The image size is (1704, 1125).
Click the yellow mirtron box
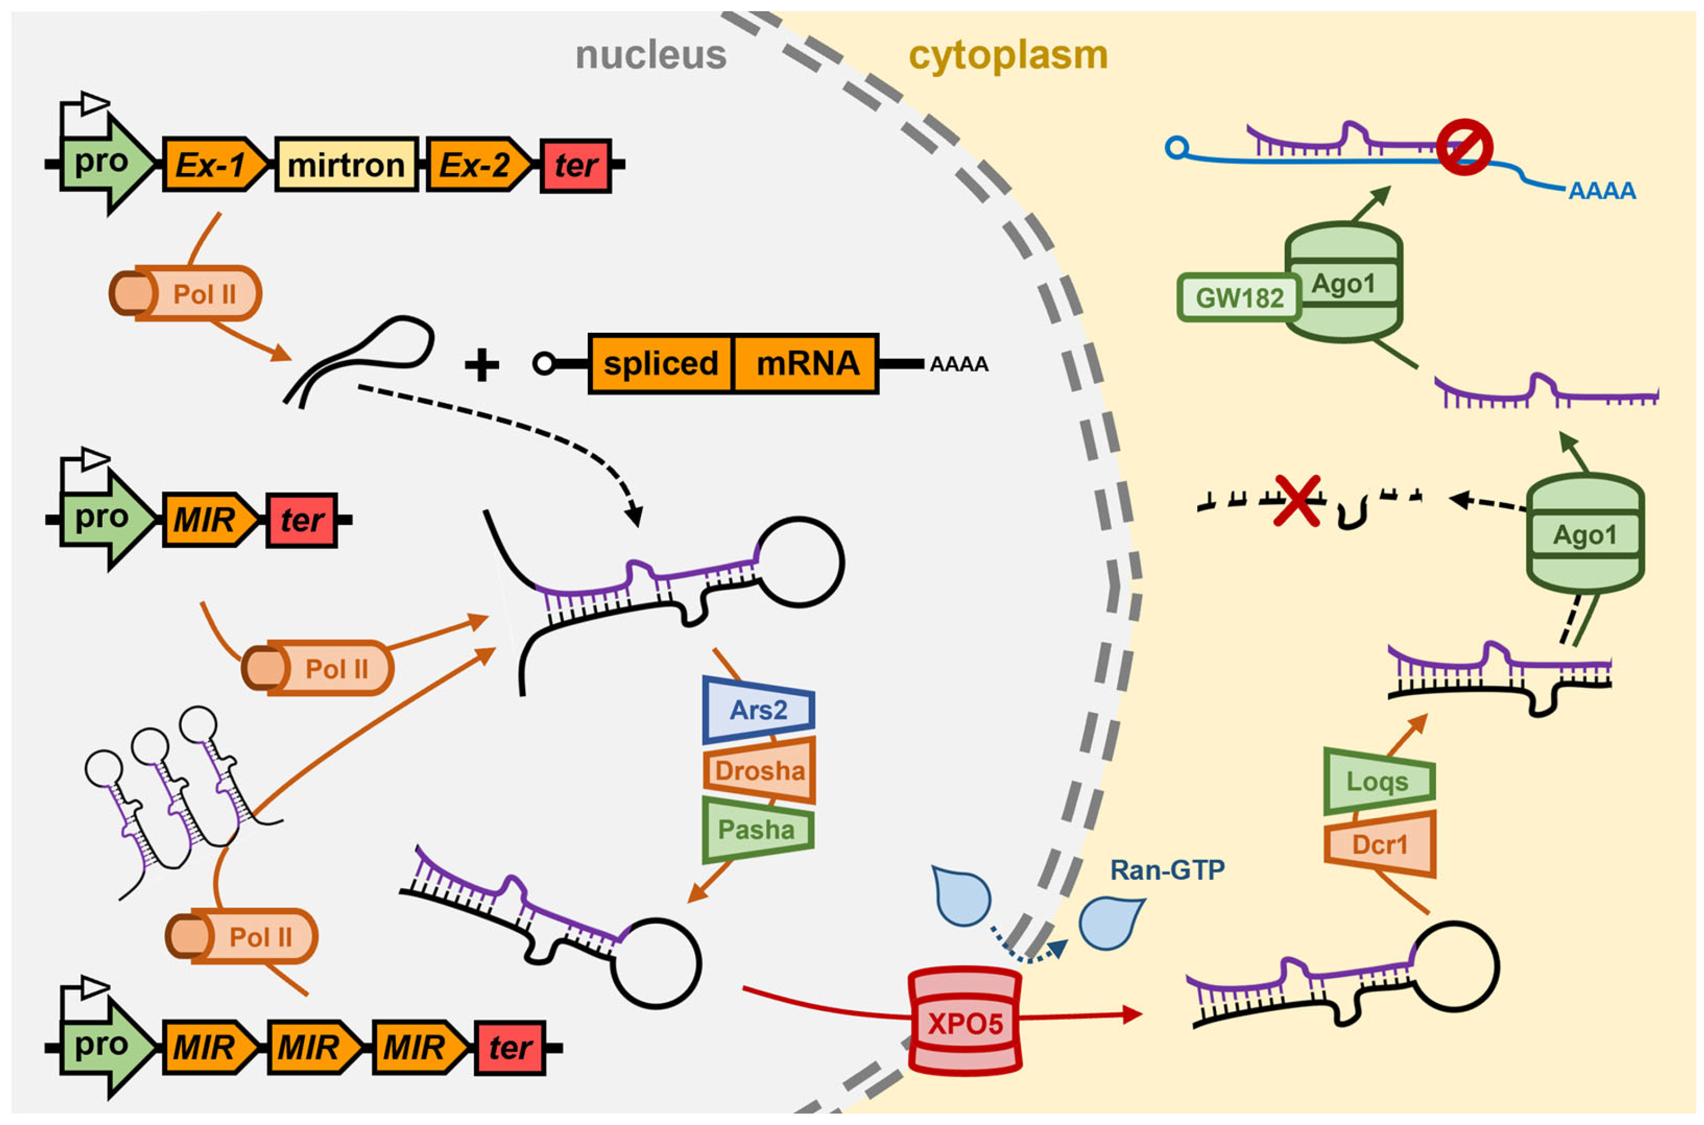[345, 165]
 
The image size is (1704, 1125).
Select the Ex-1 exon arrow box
[212, 165]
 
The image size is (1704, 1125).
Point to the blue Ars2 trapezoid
[759, 710]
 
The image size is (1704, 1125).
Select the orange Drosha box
[760, 771]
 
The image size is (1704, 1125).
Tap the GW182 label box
[1239, 297]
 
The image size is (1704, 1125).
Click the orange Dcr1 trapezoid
[1379, 844]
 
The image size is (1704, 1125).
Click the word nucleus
[650, 55]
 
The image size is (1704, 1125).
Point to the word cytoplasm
[1008, 55]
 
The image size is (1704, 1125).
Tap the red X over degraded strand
[1296, 501]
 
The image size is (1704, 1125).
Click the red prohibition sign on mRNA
[1464, 146]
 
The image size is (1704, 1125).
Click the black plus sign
[482, 364]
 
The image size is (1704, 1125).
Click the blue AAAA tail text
[1602, 191]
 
